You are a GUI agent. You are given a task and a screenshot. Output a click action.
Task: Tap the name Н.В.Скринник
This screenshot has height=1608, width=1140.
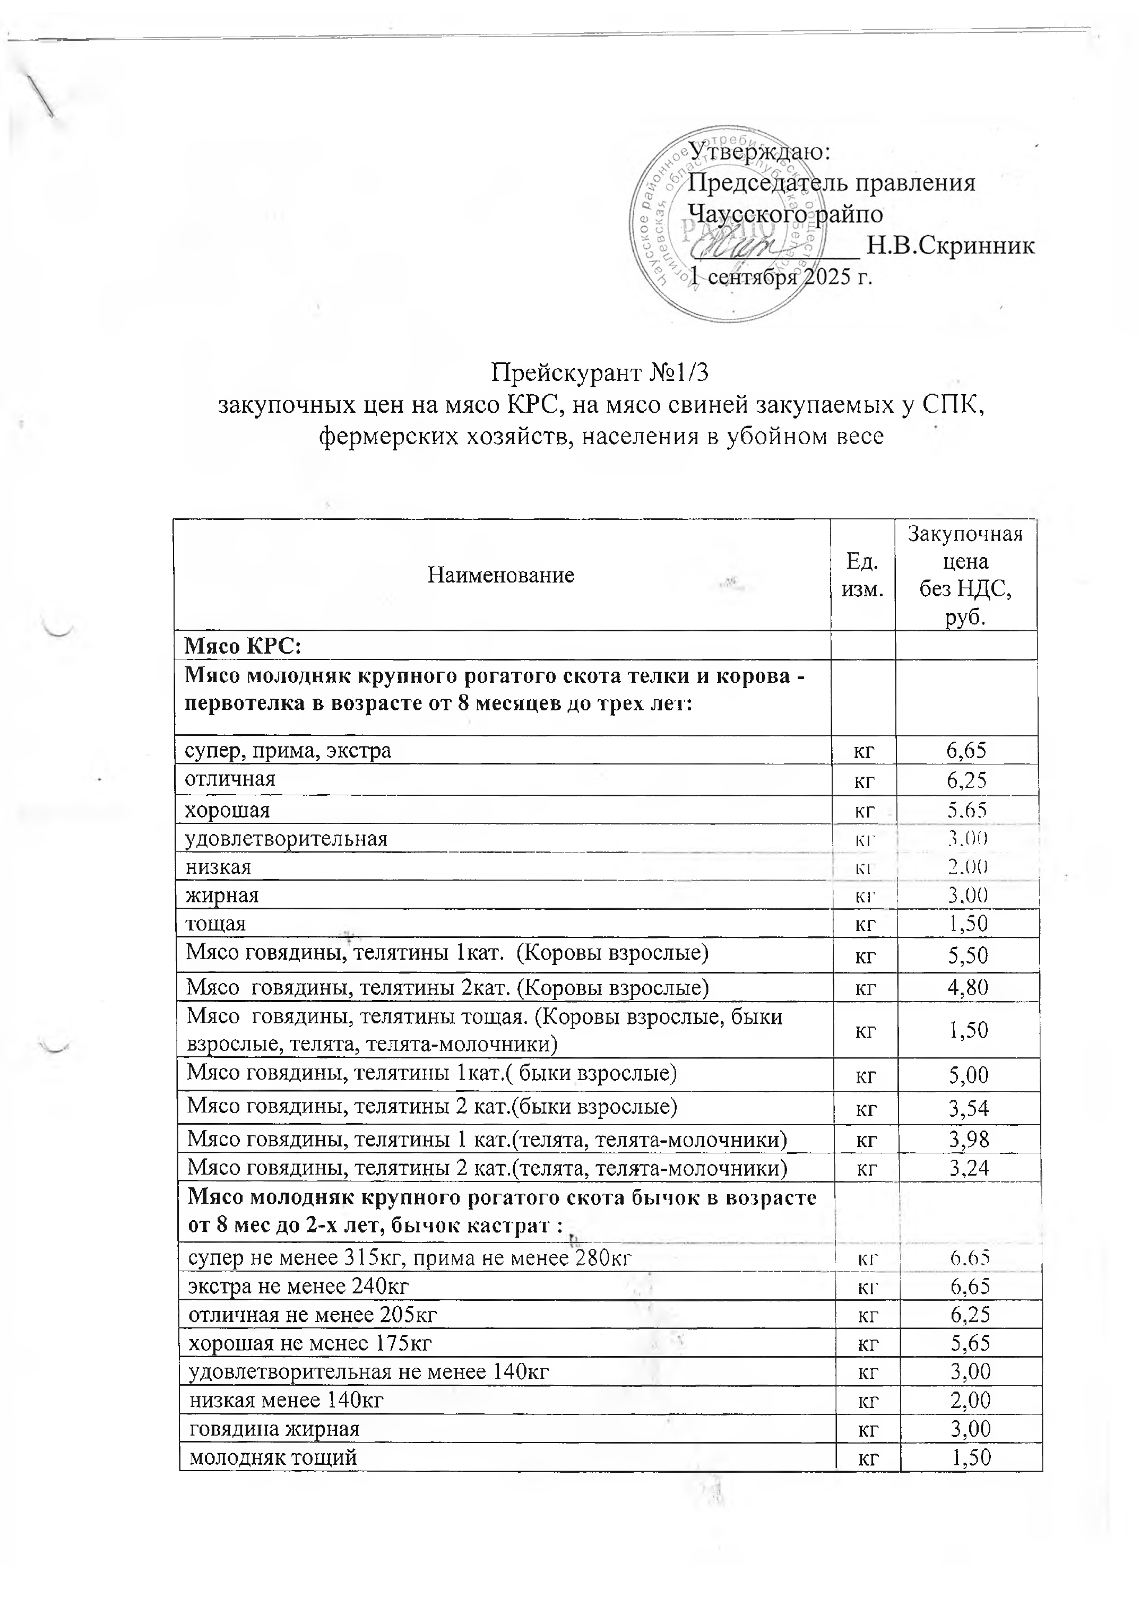pyautogui.click(x=951, y=246)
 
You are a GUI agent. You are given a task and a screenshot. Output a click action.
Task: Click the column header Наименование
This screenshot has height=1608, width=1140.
pyautogui.click(x=500, y=575)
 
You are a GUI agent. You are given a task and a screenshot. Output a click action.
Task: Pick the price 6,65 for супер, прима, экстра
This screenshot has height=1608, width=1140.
pyautogui.click(x=966, y=751)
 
